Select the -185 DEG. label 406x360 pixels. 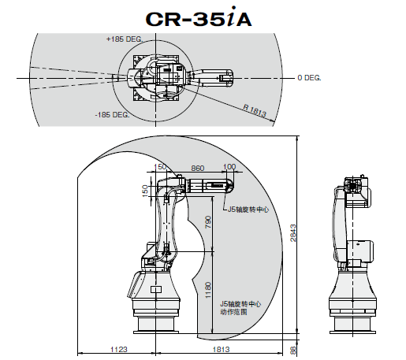pyautogui.click(x=112, y=115)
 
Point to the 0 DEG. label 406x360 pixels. pyautogui.click(x=310, y=77)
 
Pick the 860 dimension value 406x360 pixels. pyautogui.click(x=197, y=168)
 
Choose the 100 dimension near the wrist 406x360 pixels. pyautogui.click(x=230, y=167)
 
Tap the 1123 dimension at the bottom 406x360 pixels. pyautogui.click(x=120, y=348)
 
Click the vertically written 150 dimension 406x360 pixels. pyautogui.click(x=145, y=191)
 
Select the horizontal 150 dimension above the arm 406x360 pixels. pyautogui.click(x=162, y=167)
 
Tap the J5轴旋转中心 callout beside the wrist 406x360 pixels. pyautogui.click(x=248, y=210)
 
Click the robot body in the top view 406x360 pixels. pyautogui.click(x=162, y=77)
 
